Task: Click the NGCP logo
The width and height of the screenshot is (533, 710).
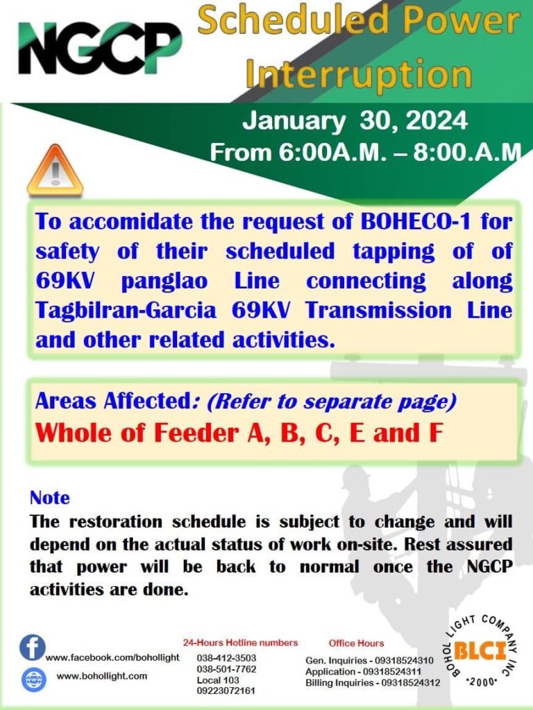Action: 100,48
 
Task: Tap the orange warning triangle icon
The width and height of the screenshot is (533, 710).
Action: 55,171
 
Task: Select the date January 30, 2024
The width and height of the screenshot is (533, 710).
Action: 355,121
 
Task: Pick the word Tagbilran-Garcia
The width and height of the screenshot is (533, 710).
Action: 126,311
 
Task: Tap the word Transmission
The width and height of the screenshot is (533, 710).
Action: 378,311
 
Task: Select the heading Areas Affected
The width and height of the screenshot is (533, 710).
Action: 112,401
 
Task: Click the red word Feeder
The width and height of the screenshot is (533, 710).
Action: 196,433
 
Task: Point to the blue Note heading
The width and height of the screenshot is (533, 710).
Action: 50,498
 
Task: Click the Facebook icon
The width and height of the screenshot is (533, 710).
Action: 32,647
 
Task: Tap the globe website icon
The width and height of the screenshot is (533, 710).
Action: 34,679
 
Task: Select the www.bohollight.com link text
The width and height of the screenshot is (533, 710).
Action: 102,676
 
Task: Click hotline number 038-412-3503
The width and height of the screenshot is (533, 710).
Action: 226,658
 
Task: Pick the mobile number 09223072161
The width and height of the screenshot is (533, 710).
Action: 226,691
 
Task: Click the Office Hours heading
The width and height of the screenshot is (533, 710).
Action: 356,643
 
